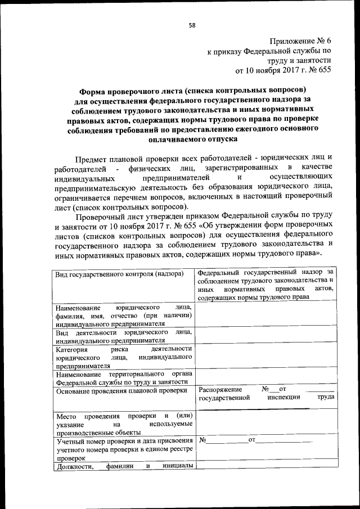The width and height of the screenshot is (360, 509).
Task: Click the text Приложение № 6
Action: (300, 42)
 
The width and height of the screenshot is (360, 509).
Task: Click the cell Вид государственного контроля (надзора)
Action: (120, 274)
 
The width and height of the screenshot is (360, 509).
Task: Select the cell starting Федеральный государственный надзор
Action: (266, 285)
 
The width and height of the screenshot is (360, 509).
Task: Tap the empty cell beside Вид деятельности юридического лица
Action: (266, 336)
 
